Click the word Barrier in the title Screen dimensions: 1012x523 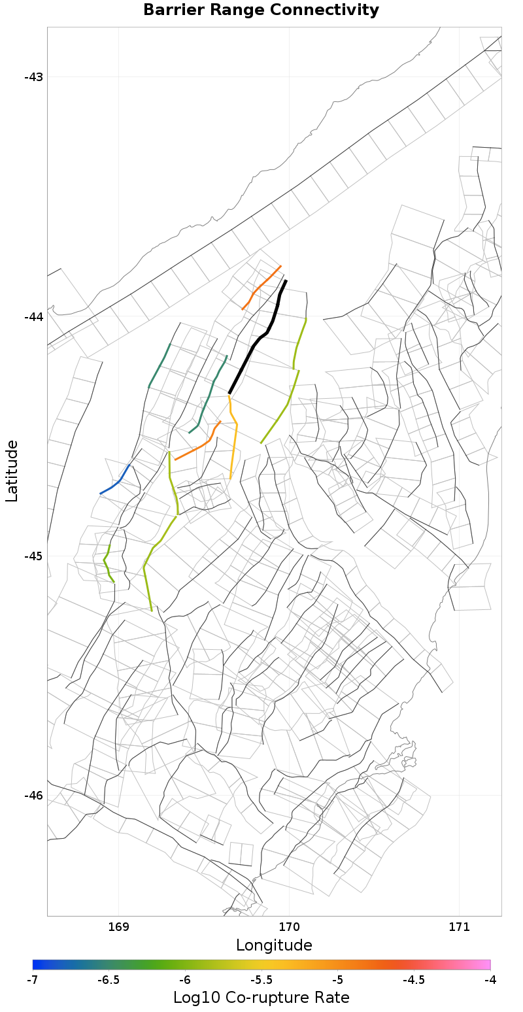coord(169,10)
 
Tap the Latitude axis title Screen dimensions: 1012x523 coord(12,471)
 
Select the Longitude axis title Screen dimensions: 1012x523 coord(274,945)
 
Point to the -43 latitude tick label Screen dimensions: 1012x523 coord(33,77)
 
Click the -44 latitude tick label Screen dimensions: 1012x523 coord(33,316)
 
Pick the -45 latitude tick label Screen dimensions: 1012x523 coord(33,556)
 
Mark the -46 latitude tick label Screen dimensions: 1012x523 coord(33,796)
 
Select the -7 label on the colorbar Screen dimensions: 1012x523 coord(32,980)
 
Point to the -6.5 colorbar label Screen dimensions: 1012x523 coord(109,980)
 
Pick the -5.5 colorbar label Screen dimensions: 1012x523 coord(261,980)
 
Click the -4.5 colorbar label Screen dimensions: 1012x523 coord(413,980)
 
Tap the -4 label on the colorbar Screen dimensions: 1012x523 coord(490,980)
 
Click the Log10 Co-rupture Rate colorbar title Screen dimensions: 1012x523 coord(261,998)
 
